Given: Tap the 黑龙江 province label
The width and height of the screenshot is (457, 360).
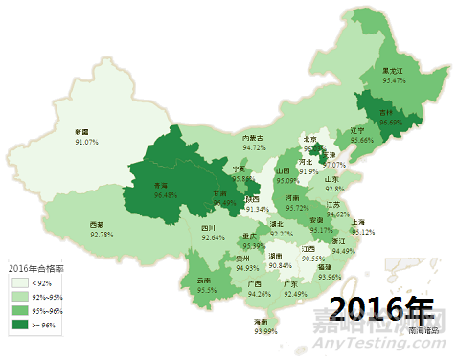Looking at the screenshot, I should coord(395,71).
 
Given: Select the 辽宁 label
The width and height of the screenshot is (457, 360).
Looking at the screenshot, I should coord(357,130).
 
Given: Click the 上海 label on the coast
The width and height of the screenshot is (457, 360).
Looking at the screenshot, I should coord(362,222).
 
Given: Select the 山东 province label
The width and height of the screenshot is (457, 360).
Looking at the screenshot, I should coord(331,179).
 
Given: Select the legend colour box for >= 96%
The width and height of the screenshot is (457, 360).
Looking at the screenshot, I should coord(15,325).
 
